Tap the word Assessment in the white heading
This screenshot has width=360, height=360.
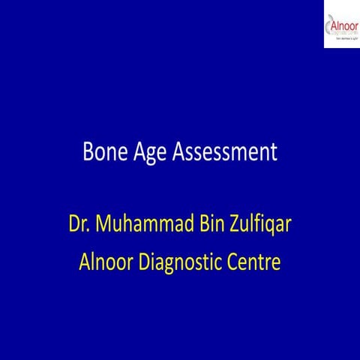225,152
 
